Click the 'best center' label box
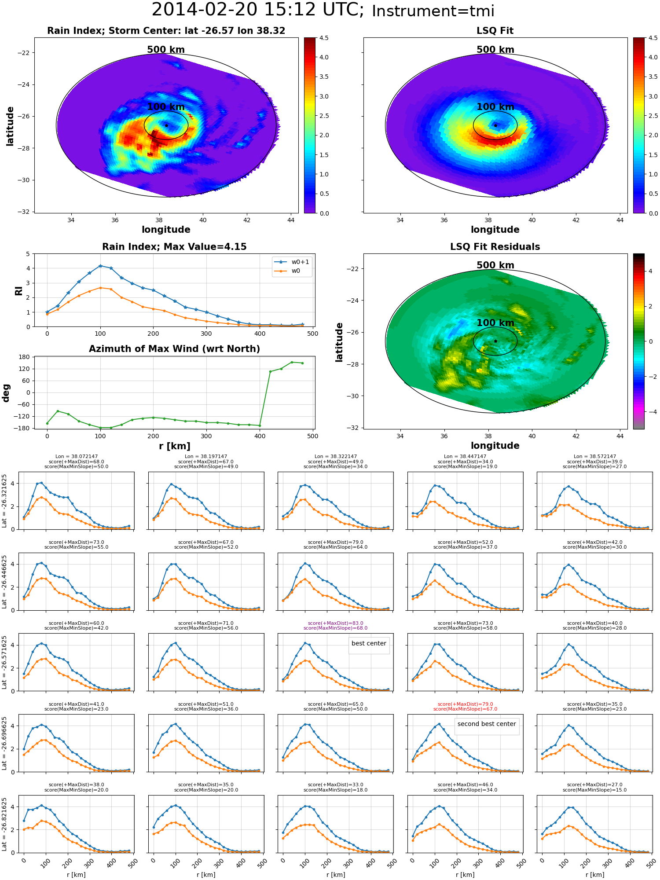click(x=369, y=643)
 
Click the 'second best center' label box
click(x=486, y=724)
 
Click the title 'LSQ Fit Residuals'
click(x=495, y=247)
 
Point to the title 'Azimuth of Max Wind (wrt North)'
click(x=174, y=349)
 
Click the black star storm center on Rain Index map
click(x=166, y=125)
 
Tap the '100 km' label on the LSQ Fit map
click(x=495, y=107)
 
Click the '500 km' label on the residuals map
click(x=495, y=265)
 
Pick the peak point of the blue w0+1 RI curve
click(x=100, y=266)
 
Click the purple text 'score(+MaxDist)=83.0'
click(x=335, y=623)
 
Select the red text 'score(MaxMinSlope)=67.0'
click(x=465, y=709)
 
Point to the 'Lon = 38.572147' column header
click(x=594, y=456)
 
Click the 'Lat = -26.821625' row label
click(x=4, y=824)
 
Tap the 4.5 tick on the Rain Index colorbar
click(x=324, y=38)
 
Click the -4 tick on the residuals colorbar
click(x=651, y=412)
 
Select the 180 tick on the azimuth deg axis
click(x=25, y=357)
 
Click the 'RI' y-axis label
click(x=18, y=290)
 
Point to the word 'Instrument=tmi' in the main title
click(x=433, y=11)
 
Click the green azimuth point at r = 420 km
click(x=271, y=371)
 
